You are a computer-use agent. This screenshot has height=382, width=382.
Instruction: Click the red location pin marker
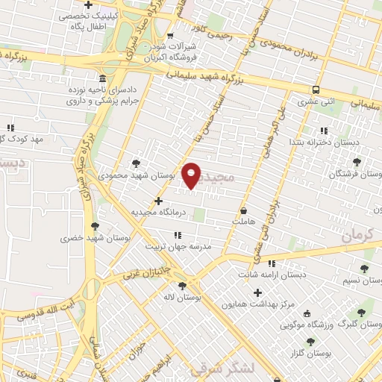tap(192, 175)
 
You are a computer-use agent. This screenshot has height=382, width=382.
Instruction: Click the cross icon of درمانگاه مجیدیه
tap(158, 200)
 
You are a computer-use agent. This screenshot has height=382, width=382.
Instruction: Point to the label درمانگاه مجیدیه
tap(157, 212)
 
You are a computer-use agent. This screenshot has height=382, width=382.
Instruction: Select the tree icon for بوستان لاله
tap(182, 285)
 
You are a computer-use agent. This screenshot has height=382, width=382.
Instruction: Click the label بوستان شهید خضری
tap(95, 238)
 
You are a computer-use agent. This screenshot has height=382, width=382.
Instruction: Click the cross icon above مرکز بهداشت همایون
tap(259, 292)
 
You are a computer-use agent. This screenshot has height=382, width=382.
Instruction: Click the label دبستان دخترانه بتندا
tap(326, 141)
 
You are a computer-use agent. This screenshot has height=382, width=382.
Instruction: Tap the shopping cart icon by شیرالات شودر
tap(171, 35)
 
